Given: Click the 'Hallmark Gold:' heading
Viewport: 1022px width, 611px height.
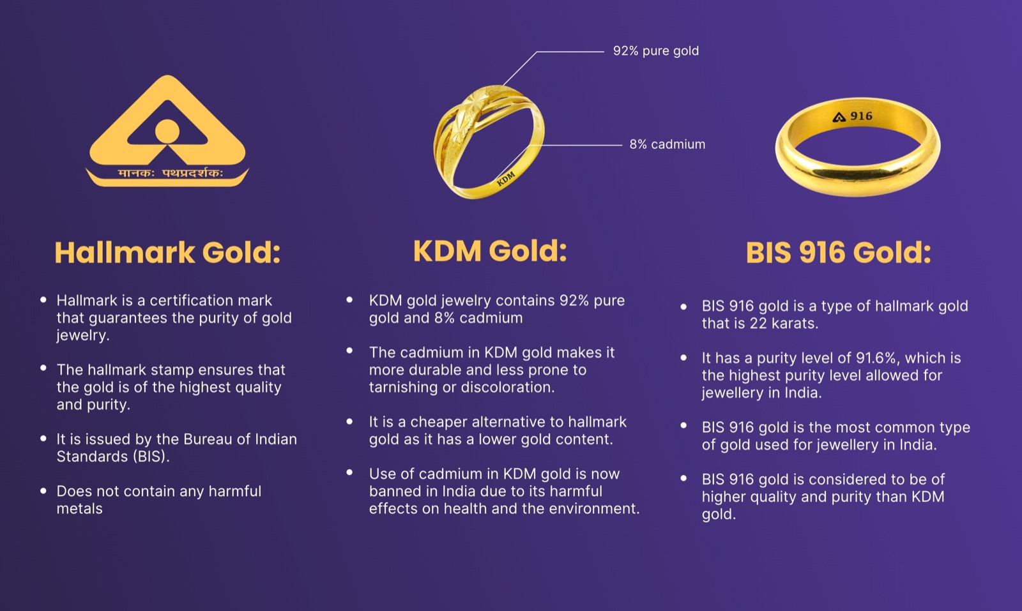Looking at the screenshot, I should (167, 253).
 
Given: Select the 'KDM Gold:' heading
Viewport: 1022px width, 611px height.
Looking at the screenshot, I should (490, 251).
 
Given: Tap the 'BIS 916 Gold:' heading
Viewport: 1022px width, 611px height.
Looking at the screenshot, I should (838, 253).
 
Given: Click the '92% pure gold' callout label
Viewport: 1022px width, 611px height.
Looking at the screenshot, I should (656, 51).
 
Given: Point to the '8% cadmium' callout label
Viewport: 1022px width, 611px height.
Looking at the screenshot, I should (667, 145).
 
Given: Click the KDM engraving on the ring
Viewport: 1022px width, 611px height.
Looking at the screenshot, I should (506, 179).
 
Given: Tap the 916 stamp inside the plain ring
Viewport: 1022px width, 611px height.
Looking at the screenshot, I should (861, 116).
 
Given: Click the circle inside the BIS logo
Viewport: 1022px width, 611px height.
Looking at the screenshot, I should (167, 131).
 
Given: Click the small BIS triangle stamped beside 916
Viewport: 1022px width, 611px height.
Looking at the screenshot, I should (839, 117).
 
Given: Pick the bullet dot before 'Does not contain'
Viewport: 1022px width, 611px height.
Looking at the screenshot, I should (43, 492).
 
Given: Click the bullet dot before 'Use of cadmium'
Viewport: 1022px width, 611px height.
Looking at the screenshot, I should (349, 473).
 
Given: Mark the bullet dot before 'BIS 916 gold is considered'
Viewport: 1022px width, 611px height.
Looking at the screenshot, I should (683, 478).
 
